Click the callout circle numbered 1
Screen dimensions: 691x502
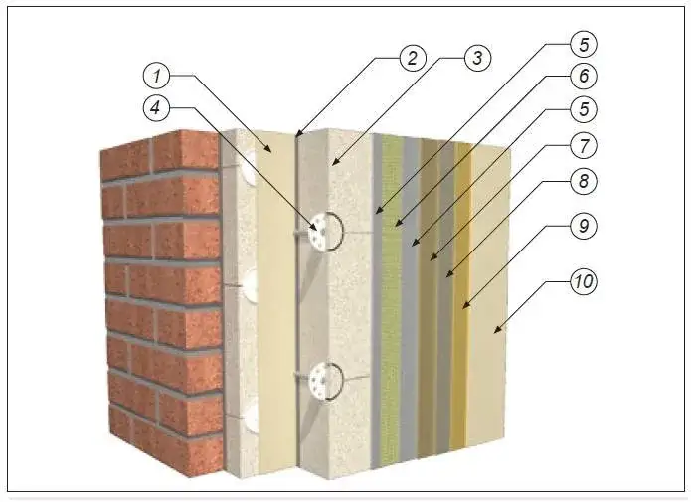point(156,76)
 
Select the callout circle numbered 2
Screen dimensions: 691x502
point(413,58)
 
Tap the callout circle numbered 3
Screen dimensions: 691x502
point(477,58)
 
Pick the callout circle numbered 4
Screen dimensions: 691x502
point(156,107)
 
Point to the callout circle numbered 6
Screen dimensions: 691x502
point(584,76)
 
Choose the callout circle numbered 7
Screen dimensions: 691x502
point(584,145)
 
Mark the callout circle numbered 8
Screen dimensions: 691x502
point(584,181)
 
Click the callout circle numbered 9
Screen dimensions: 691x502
point(584,226)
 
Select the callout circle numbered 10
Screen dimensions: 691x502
point(584,281)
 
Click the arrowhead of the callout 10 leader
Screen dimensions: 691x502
point(497,329)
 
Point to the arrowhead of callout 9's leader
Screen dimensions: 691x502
point(465,304)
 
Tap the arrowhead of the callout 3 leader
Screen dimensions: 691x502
point(335,161)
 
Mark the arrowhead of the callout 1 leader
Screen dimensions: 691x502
point(267,149)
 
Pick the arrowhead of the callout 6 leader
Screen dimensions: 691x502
point(397,223)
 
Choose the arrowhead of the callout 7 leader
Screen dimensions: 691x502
point(432,256)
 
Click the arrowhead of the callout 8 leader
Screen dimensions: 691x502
point(448,274)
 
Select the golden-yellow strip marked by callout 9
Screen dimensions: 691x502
point(461,295)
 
